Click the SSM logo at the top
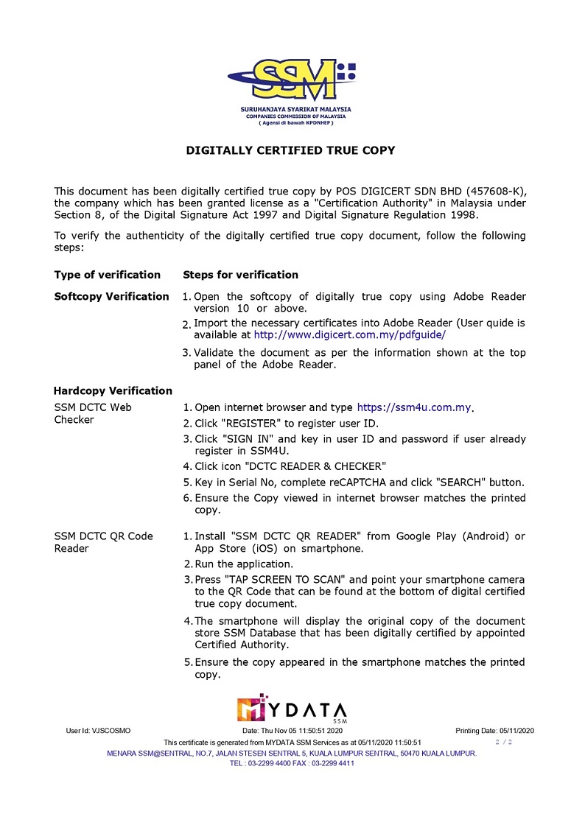tap(292, 81)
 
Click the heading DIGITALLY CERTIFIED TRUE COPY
tap(290, 150)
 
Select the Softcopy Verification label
tap(111, 296)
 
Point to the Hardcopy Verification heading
tap(113, 390)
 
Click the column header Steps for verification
tap(240, 275)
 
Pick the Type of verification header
tap(107, 275)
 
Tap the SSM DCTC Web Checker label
tap(93, 413)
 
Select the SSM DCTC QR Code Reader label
tap(103, 541)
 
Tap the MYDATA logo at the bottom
tap(292, 708)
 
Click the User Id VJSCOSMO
tap(98, 730)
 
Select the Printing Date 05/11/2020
tap(494, 730)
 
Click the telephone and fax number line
tap(292, 763)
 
